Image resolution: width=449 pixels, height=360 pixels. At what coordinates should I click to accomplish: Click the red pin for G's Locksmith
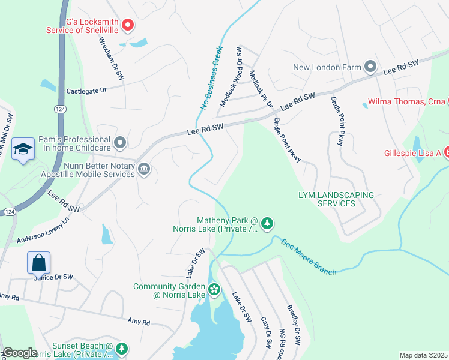pyautogui.click(x=127, y=25)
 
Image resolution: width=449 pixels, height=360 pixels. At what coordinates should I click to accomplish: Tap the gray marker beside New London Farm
pyautogui.click(x=370, y=67)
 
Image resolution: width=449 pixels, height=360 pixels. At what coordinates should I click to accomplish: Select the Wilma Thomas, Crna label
pyautogui.click(x=406, y=102)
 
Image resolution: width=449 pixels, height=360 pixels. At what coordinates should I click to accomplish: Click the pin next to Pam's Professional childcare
pyautogui.click(x=120, y=142)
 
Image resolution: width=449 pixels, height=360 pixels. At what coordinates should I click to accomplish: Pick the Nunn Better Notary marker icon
pyautogui.click(x=144, y=169)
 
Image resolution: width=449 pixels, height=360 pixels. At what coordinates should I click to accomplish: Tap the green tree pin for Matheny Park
pyautogui.click(x=267, y=224)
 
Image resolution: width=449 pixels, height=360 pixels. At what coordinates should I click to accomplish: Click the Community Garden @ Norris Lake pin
pyautogui.click(x=214, y=291)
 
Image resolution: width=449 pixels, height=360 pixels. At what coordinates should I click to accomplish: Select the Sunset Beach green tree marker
pyautogui.click(x=122, y=349)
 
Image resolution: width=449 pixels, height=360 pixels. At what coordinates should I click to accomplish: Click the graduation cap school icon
pyautogui.click(x=23, y=150)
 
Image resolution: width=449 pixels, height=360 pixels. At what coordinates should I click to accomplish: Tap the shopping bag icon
pyautogui.click(x=38, y=262)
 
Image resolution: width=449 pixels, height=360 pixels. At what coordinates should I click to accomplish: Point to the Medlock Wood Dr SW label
pyautogui.click(x=231, y=77)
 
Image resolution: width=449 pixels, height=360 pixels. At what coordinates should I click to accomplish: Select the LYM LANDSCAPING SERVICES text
pyautogui.click(x=336, y=199)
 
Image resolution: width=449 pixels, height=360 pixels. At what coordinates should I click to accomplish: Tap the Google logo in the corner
pyautogui.click(x=19, y=353)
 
